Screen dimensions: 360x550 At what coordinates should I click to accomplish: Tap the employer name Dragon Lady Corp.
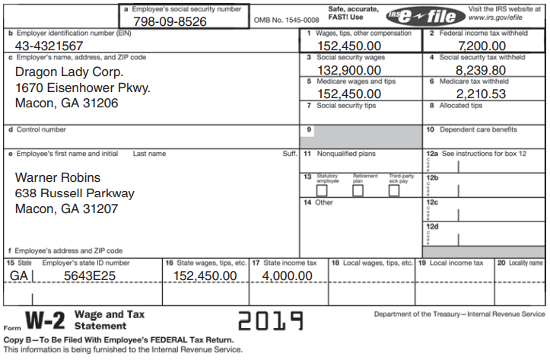(x=69, y=72)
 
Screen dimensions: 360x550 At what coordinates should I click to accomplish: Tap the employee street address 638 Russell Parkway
(x=75, y=193)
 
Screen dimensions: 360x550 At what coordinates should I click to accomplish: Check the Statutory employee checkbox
(x=322, y=190)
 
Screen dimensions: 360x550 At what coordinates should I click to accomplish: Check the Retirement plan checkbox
(x=358, y=190)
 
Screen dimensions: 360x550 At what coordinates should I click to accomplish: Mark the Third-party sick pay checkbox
(x=393, y=190)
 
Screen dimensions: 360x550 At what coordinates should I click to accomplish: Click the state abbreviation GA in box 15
(x=19, y=276)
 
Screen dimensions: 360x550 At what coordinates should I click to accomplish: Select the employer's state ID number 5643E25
(x=90, y=276)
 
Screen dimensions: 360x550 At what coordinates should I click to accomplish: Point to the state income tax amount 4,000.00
(x=287, y=276)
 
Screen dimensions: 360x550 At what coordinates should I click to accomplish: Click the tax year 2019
(x=270, y=320)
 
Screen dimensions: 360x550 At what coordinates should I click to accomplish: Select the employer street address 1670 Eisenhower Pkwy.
(x=83, y=88)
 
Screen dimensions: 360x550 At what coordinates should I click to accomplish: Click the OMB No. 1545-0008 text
(x=287, y=21)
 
